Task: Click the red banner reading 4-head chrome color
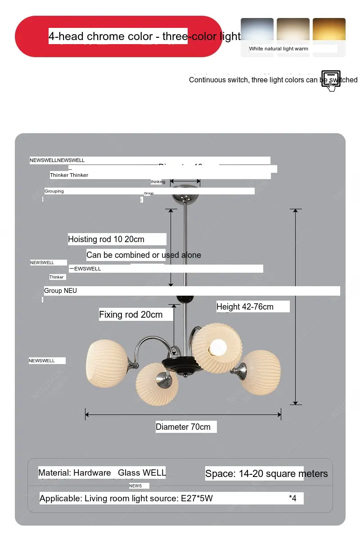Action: point(118,36)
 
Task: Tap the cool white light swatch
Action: point(257,30)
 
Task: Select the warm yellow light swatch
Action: point(329,30)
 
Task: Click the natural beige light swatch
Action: point(293,30)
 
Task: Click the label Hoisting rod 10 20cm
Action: point(106,239)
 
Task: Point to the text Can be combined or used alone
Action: point(144,255)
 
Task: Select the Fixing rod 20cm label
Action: point(131,315)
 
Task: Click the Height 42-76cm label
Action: point(245,307)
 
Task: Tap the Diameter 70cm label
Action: point(183,427)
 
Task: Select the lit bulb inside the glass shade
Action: point(218,347)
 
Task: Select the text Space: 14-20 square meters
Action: point(266,473)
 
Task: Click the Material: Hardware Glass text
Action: point(102,473)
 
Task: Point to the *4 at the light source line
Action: point(293,498)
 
